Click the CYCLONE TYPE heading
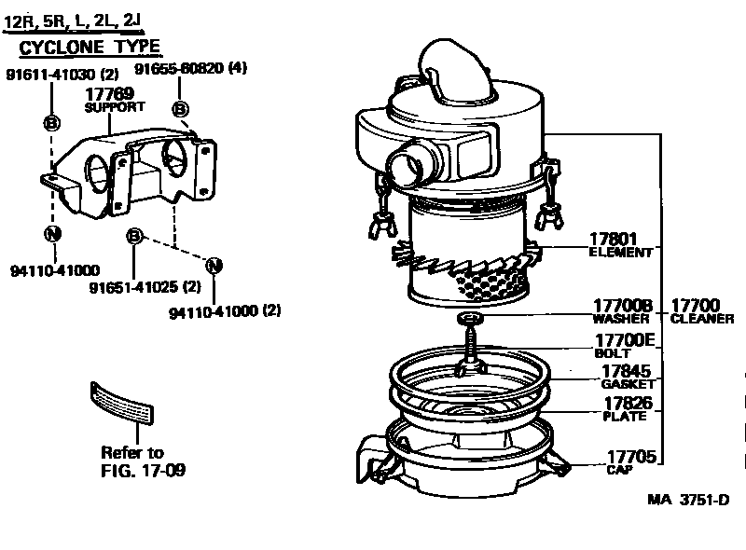[90, 47]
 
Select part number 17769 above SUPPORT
[109, 94]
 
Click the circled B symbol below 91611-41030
[52, 122]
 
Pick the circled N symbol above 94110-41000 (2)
[214, 265]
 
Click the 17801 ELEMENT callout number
[614, 240]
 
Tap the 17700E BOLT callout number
[622, 341]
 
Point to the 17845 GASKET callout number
[627, 371]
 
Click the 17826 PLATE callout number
[627, 404]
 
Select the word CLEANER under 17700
[702, 319]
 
